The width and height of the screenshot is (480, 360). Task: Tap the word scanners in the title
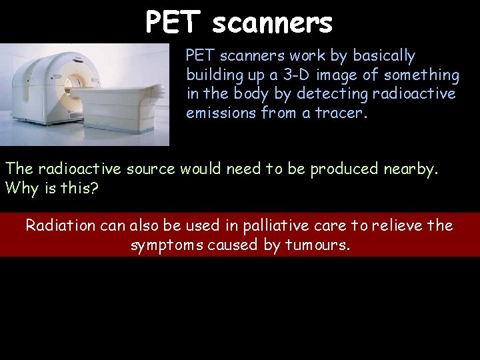tap(272, 23)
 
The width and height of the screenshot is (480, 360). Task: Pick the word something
tap(421, 75)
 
